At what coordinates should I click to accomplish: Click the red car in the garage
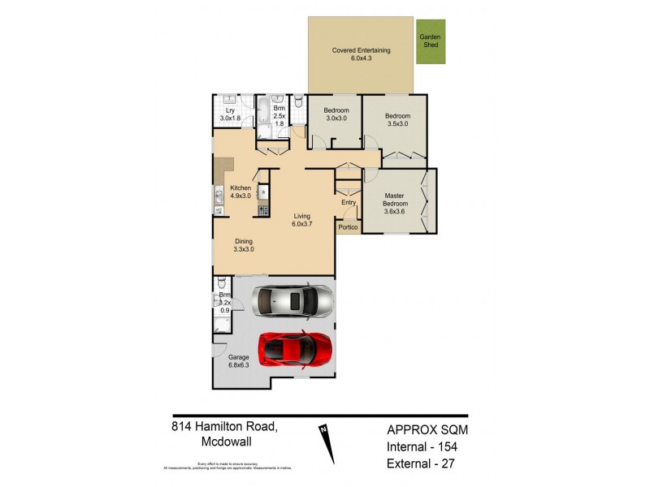[295, 348]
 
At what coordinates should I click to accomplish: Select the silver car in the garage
[292, 302]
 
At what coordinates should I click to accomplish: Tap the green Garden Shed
[429, 41]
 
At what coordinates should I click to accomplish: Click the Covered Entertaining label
[362, 54]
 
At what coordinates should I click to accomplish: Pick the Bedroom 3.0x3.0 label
[336, 114]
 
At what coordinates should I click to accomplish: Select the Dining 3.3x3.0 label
[245, 245]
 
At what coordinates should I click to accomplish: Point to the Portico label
[349, 228]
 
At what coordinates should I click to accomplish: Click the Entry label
[349, 203]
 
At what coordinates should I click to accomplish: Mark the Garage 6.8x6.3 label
[239, 360]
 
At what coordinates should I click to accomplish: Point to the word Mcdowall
[231, 443]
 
